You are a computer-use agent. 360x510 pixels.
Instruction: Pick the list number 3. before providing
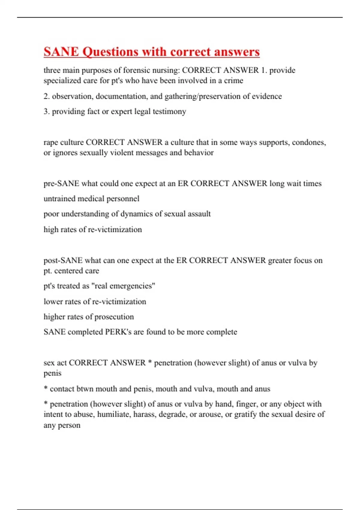[46, 112]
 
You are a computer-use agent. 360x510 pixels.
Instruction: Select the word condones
[309, 142]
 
